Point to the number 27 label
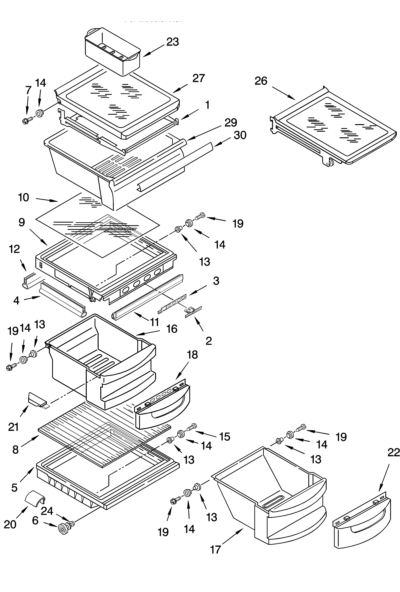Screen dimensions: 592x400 pos(198,78)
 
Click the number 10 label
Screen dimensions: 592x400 pos(23,197)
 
